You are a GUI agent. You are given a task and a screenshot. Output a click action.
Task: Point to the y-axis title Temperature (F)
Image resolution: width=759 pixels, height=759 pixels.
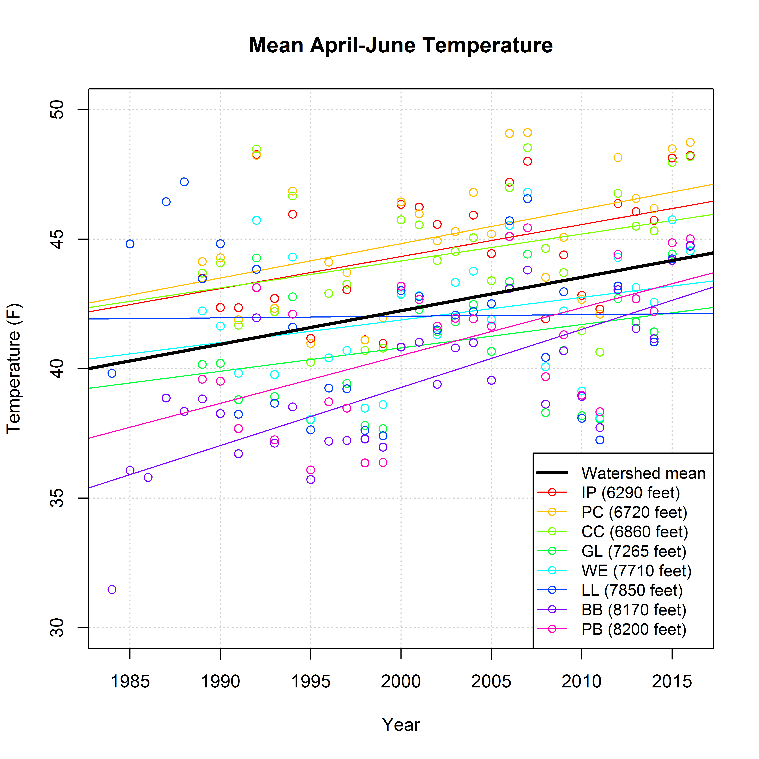tap(14, 368)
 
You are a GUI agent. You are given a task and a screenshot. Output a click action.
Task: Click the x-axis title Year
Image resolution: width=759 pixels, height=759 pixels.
tap(401, 725)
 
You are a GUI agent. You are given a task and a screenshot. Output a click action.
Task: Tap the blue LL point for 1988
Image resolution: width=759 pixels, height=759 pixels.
tap(184, 182)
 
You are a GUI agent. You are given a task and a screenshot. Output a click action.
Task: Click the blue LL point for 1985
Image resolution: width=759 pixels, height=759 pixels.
tap(130, 244)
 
